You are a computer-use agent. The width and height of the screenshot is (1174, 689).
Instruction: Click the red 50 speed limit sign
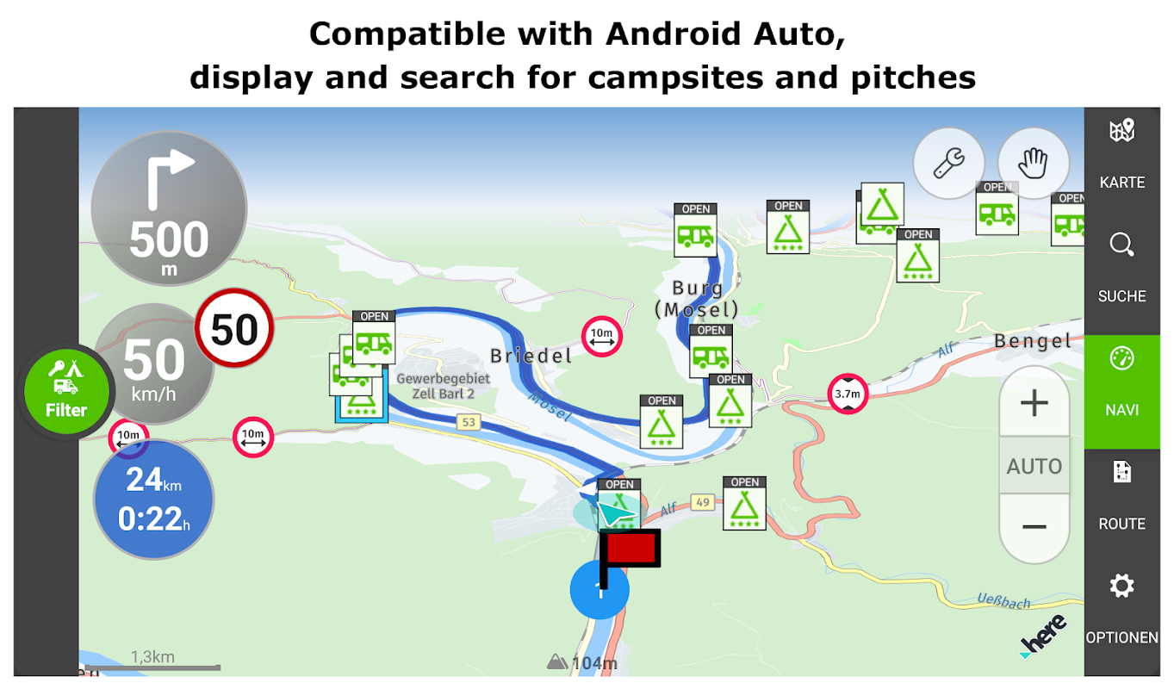pos(234,328)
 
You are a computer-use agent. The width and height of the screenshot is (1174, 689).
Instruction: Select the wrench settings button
pos(948,163)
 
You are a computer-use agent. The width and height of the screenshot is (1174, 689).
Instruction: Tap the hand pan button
pos(1033,163)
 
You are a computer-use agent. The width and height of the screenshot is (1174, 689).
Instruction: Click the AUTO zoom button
pos(1034,466)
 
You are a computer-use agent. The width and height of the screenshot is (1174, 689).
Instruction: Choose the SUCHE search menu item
pos(1122,267)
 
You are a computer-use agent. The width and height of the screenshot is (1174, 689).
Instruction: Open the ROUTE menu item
pos(1122,495)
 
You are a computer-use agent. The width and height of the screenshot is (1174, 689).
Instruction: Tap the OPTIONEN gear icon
pos(1121,586)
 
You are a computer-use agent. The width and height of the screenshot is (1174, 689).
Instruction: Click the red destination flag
pos(630,556)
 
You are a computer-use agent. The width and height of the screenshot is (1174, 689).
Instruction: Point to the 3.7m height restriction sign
pos(848,394)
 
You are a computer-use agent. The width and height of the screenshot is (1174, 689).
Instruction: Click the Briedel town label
pos(531,356)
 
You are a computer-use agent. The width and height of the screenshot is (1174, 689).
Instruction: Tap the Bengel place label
pos(1033,341)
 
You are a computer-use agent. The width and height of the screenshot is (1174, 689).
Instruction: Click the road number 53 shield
pos(469,422)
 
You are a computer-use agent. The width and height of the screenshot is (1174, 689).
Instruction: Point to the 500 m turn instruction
pos(170,208)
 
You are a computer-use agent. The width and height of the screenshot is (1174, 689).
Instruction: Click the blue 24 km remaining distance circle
pos(153,500)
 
